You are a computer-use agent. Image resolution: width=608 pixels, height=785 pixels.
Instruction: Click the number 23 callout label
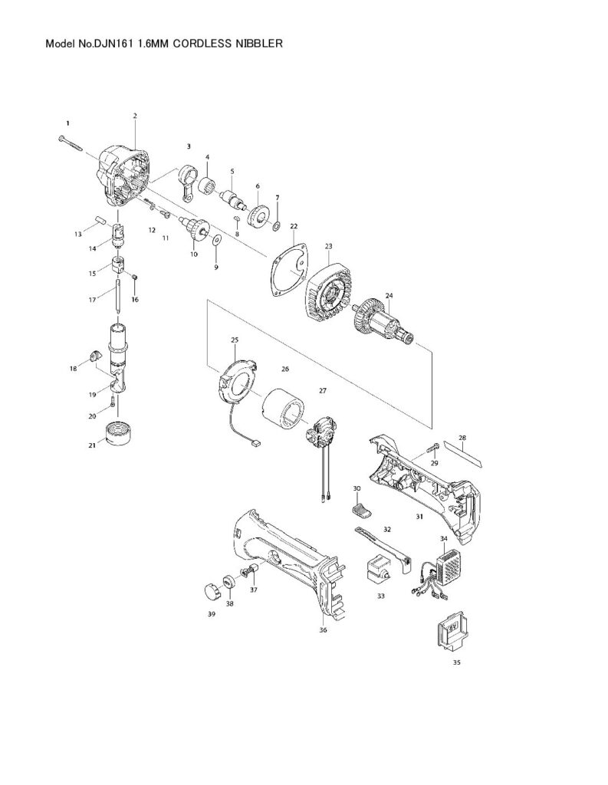[328, 246]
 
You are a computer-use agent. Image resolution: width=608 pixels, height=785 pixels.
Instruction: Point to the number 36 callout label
[323, 630]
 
